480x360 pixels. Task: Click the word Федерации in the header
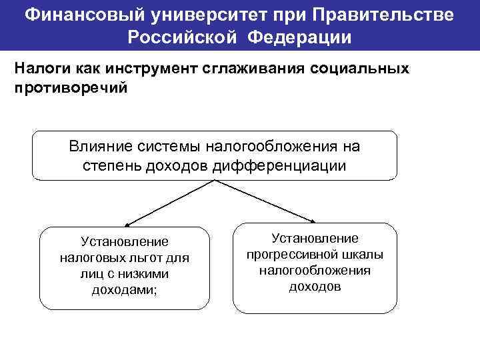tap(301, 37)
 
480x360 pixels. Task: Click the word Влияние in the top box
tap(99, 146)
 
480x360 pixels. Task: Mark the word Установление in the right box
tap(315, 238)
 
